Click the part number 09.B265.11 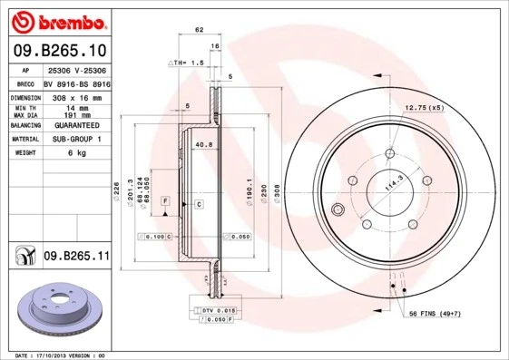(75, 257)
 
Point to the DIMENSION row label (26, 96)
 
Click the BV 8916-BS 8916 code (77, 82)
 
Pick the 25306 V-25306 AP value (77, 69)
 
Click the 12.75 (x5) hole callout (425, 107)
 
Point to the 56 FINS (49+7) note (451, 313)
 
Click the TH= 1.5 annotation (184, 62)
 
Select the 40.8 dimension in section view (203, 143)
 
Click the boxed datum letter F (166, 199)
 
